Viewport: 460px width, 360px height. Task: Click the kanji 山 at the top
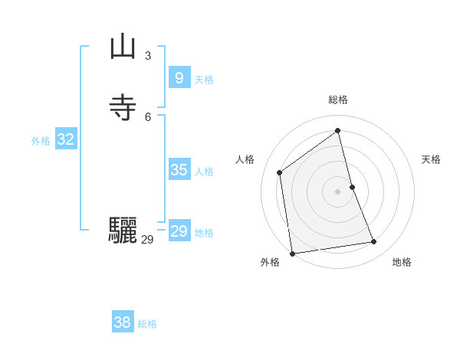123,47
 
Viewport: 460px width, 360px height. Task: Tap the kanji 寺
123,108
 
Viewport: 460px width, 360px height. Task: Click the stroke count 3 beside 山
148,55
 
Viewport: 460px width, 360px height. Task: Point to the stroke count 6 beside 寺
148,116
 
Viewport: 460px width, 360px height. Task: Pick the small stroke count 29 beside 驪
147,240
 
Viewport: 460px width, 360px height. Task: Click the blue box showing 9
179,78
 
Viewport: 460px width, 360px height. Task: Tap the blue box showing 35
179,170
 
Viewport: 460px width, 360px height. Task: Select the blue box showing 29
179,231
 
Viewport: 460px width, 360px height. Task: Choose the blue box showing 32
65,139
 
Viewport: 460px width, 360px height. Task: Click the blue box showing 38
122,322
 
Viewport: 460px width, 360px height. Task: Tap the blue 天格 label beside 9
204,80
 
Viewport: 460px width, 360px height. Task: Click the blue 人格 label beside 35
204,172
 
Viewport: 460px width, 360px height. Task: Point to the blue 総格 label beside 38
147,324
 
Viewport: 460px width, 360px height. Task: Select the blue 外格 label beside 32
41,141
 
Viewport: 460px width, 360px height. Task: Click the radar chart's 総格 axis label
338,100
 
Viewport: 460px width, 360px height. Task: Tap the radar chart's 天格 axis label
431,159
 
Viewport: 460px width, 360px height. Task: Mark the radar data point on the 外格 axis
292,253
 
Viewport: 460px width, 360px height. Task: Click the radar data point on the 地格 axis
374,242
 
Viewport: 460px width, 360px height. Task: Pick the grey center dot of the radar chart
338,191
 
